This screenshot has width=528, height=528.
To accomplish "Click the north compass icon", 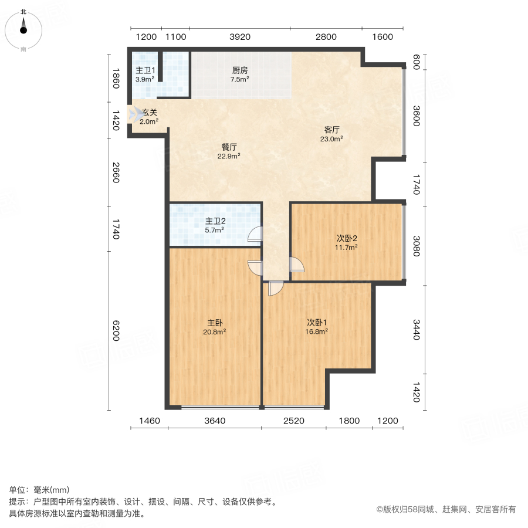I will [23, 28].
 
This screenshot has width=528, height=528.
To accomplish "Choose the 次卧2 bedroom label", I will [347, 238].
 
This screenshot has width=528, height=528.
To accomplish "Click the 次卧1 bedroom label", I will [317, 322].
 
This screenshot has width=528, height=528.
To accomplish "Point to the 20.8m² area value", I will [215, 331].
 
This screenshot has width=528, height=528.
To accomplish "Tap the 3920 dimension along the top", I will [240, 37].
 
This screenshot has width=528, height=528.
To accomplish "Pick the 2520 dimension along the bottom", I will [295, 421].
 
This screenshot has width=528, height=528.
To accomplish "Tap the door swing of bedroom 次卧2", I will [297, 265].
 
